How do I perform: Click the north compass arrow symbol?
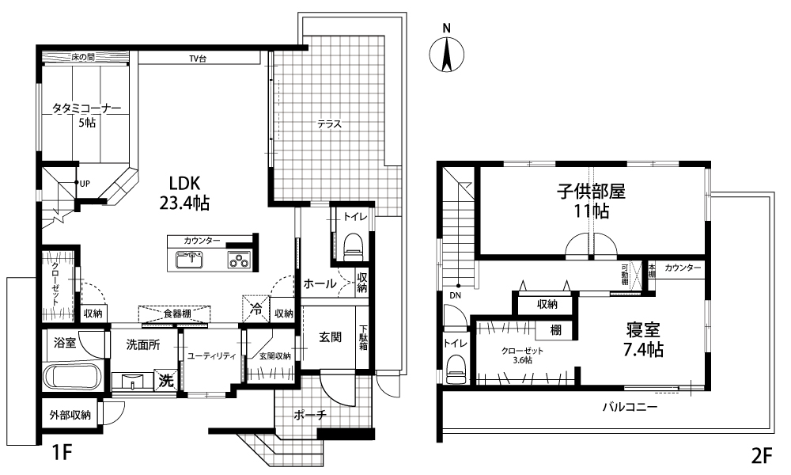[446, 54]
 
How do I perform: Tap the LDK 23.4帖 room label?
[184, 193]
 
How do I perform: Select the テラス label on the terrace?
[329, 123]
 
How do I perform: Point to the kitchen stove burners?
[240, 260]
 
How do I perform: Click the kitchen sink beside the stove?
[189, 260]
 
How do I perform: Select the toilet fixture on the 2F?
[456, 370]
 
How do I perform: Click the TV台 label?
[198, 59]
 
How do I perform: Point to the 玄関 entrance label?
[331, 336]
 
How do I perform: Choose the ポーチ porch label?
[310, 415]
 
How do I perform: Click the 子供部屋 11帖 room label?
[591, 200]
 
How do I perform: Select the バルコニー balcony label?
[630, 407]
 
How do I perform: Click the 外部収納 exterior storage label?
[70, 415]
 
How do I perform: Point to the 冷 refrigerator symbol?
[256, 309]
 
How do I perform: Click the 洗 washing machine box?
[166, 379]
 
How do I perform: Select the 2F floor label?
[762, 456]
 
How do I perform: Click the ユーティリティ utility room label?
[212, 356]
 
